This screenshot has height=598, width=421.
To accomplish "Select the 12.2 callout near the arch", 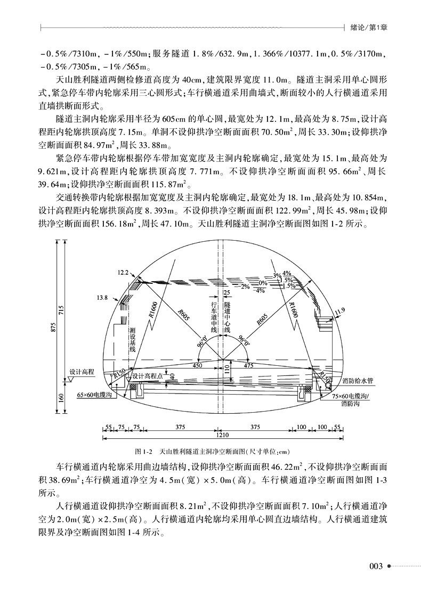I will click(123, 273).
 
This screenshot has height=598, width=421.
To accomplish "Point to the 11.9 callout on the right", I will click(338, 310).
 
